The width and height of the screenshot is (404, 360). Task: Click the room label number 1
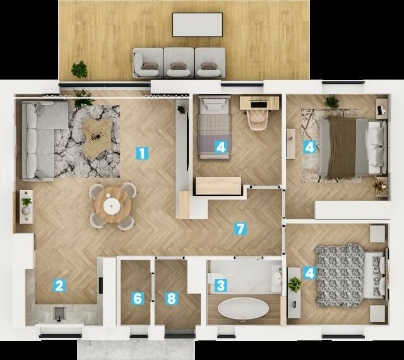(x=142, y=153)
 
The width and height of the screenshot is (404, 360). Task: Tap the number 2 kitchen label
(x=59, y=285)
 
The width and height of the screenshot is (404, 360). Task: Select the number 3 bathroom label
(x=221, y=285)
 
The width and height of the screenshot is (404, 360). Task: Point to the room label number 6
(x=138, y=299)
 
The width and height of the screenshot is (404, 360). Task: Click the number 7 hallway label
(x=240, y=229)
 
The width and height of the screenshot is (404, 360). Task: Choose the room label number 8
(x=171, y=299)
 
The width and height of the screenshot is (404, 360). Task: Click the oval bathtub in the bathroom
(x=244, y=309)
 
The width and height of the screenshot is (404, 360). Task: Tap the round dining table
(x=113, y=205)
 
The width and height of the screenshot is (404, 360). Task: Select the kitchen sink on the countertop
(x=59, y=314)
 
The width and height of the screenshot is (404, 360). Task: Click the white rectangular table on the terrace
(x=198, y=25)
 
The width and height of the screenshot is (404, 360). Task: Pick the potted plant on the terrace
(x=80, y=69)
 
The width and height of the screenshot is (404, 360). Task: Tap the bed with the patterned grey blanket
(x=350, y=275)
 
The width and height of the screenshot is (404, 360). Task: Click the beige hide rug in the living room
(x=98, y=139)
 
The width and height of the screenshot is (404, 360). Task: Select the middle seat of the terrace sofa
(x=179, y=63)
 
